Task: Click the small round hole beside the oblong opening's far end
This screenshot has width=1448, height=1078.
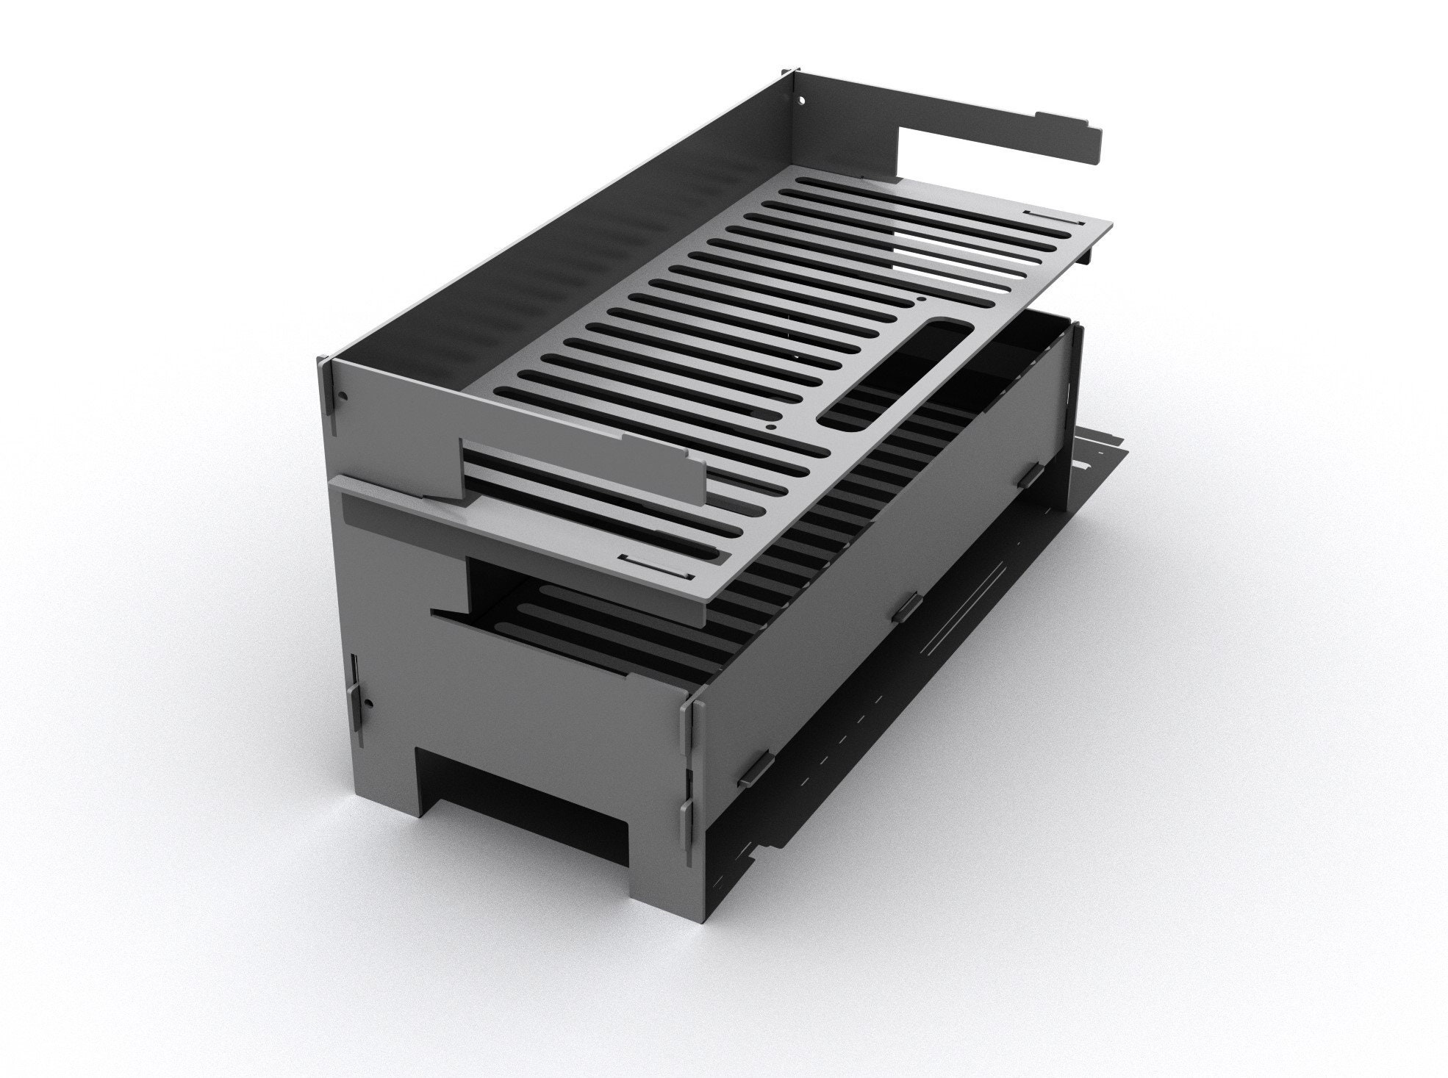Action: click(x=920, y=300)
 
